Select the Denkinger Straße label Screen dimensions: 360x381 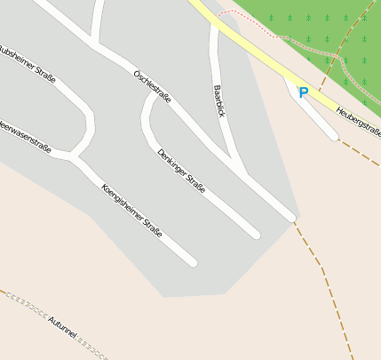click(x=181, y=171)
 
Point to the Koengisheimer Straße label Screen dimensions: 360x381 click(x=131, y=211)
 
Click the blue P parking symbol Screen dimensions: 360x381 click(x=303, y=92)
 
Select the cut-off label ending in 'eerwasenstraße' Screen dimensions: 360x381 click(x=24, y=135)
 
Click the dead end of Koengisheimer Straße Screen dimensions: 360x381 click(x=192, y=262)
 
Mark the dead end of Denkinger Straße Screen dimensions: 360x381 click(x=256, y=235)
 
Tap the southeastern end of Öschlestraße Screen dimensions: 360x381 click(x=290, y=216)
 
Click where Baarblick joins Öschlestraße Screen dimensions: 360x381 click(x=241, y=168)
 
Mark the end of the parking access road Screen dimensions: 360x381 click(x=333, y=136)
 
